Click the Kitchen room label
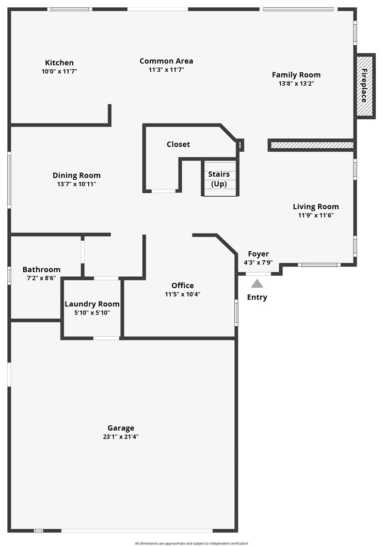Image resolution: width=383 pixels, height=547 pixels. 59,62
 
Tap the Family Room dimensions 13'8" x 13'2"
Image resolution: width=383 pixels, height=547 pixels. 296,83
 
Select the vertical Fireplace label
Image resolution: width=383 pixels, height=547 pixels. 364,86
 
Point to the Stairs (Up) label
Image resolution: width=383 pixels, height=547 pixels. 219,179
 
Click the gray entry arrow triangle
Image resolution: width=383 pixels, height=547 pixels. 257,283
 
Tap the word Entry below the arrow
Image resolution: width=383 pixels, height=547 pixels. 257,297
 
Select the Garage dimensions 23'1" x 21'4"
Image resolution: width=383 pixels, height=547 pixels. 121,436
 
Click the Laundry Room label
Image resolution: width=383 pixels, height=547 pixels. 92,304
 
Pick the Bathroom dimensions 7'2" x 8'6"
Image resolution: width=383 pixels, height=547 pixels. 41,278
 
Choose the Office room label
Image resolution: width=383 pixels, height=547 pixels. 183,285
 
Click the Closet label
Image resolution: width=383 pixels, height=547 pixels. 178,144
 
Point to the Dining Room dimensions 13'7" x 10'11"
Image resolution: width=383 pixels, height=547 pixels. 76,184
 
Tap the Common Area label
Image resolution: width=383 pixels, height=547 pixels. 166,61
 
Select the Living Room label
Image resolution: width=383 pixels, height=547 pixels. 316,207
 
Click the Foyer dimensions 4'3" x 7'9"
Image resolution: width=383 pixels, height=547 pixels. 258,262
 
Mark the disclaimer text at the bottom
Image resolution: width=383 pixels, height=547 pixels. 191,543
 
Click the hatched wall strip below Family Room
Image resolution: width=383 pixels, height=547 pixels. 312,145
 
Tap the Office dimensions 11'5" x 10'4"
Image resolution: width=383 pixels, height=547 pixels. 183,294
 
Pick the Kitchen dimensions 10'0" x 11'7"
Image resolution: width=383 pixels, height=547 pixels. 59,71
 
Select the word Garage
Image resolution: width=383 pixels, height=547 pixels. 121,428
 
